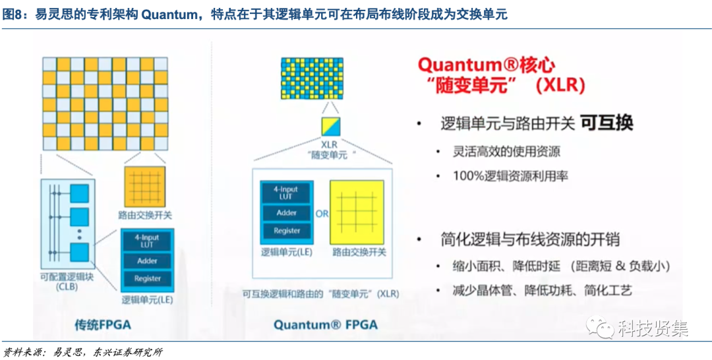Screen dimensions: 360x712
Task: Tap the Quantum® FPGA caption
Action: pos(326,324)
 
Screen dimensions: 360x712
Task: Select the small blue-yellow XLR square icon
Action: pos(329,125)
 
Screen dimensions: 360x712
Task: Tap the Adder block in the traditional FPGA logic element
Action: pos(147,261)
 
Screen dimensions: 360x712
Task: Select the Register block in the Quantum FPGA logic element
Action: pos(287,231)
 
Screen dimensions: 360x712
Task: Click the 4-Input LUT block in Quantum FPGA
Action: pos(287,193)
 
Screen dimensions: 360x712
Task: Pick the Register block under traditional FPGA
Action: pos(147,278)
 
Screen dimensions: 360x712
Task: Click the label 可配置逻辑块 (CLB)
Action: pos(67,282)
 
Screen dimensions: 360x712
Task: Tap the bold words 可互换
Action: pos(607,123)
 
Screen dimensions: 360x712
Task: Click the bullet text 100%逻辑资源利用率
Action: pos(510,176)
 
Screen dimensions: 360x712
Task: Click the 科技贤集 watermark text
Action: pos(653,328)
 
